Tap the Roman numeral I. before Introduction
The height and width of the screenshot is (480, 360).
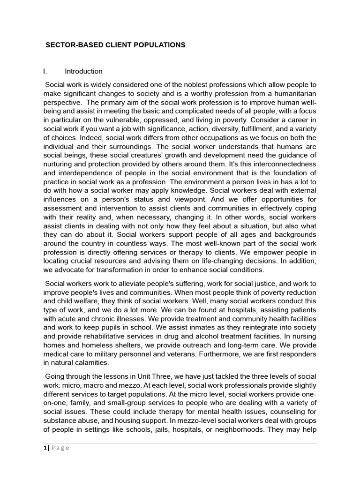point(45,72)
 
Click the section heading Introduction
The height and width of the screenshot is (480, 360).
point(83,72)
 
